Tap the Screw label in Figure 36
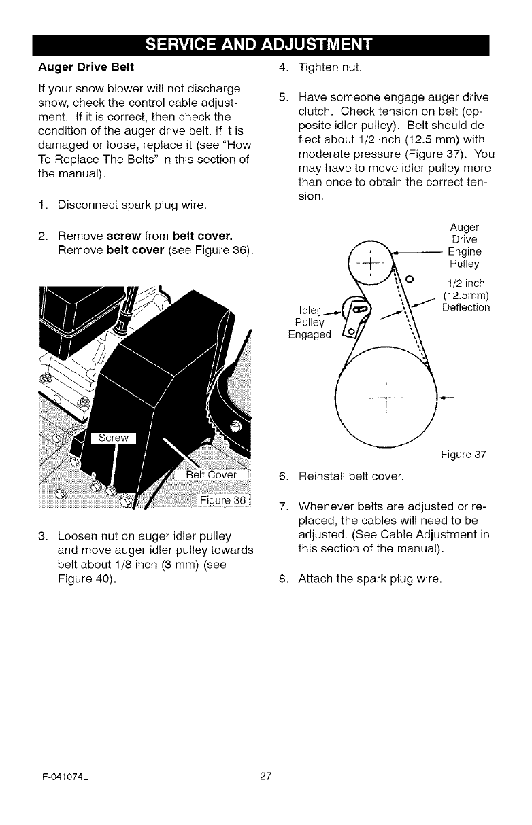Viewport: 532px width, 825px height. (x=114, y=438)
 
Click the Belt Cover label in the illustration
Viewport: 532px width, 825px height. (x=210, y=475)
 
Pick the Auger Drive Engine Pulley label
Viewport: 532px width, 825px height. (x=464, y=245)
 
